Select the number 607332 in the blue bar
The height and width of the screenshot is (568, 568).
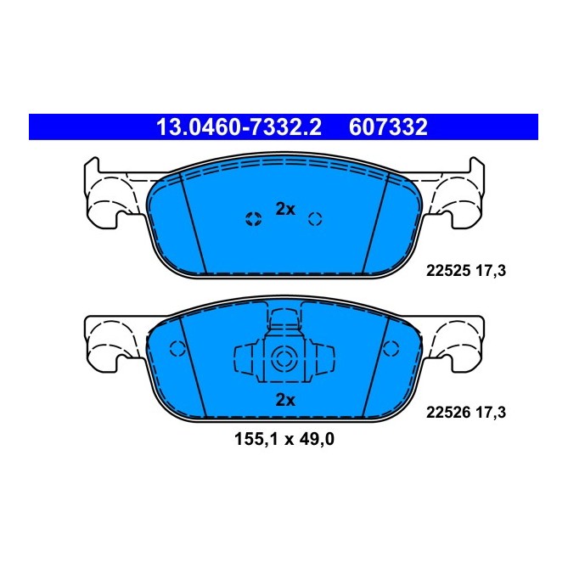(387, 127)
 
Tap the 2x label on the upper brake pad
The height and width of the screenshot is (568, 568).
(284, 210)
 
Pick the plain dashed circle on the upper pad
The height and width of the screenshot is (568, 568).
(315, 219)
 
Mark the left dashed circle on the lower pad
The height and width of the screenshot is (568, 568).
(177, 348)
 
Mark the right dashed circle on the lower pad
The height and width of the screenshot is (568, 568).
(391, 348)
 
